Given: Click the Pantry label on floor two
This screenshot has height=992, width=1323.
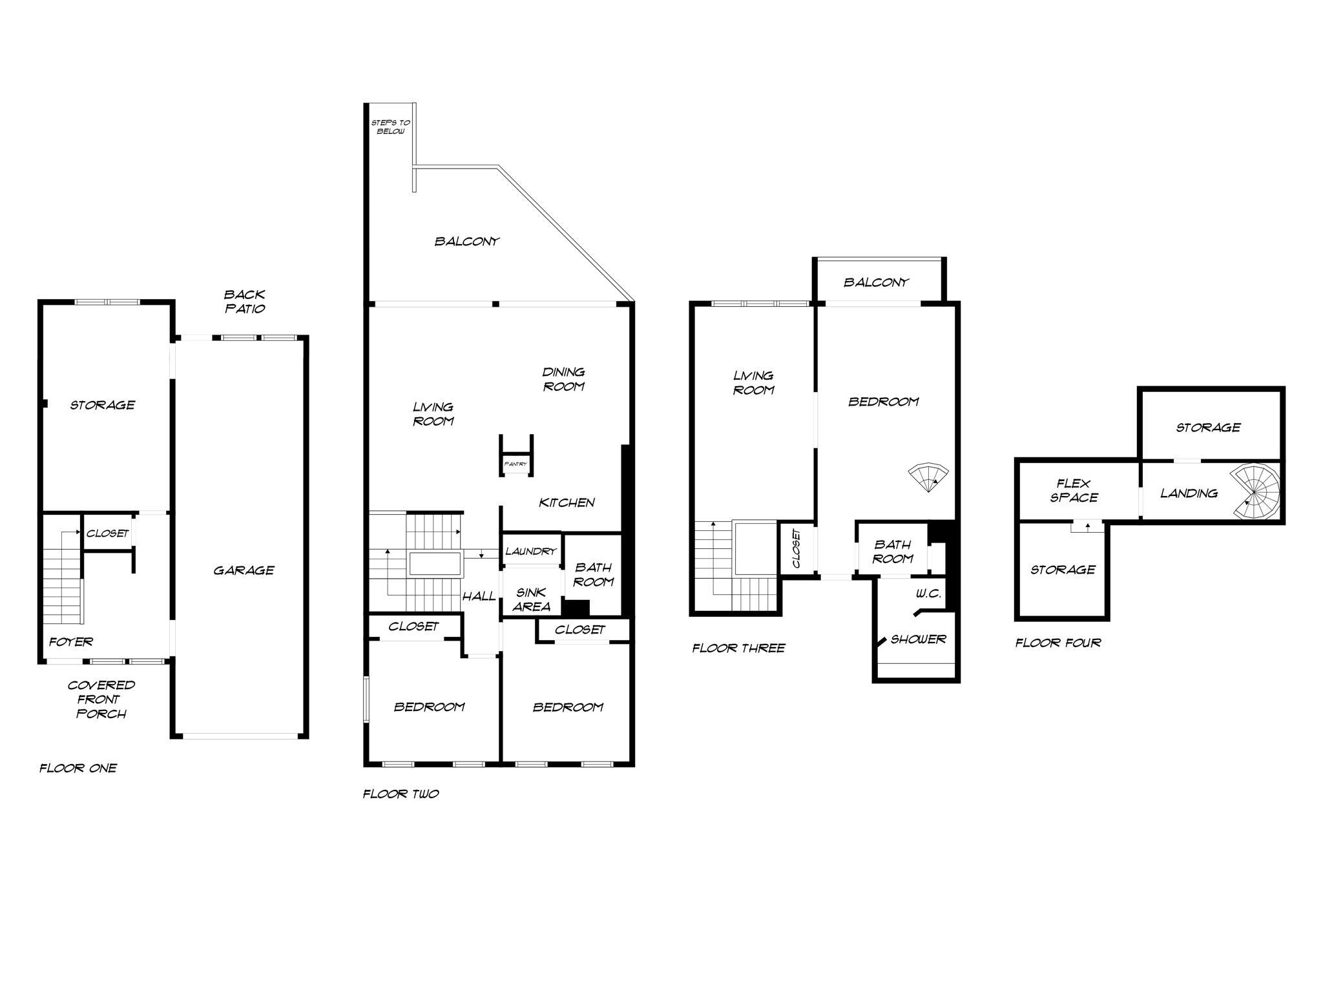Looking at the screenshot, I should (x=516, y=464).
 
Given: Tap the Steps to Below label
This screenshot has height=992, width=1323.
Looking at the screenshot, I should (x=390, y=127).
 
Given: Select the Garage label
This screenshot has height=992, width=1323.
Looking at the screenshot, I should (x=244, y=570).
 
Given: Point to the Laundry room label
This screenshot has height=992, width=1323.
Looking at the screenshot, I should (x=530, y=552).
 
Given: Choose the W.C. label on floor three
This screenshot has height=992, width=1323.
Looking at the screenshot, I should (x=928, y=594).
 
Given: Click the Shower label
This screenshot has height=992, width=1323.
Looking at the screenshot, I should (x=918, y=639).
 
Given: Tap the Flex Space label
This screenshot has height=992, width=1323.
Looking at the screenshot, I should (x=1074, y=490).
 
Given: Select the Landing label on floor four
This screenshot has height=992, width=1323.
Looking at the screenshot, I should (x=1189, y=493).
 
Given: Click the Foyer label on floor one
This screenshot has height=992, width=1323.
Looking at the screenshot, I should (x=71, y=642).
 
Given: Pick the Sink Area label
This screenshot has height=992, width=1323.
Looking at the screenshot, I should (x=531, y=599).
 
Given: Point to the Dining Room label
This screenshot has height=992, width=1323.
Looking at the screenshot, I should (x=563, y=379).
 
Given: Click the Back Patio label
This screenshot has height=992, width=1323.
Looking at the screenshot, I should (x=244, y=302).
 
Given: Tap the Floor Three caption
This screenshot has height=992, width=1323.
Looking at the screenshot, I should (x=738, y=648).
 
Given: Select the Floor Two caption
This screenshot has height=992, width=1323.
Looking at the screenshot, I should (x=401, y=794).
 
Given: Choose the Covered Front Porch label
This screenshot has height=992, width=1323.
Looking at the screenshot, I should (x=101, y=699).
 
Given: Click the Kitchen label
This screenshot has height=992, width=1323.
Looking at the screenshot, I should (x=567, y=502).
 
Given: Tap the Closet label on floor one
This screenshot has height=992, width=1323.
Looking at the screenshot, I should (x=107, y=533).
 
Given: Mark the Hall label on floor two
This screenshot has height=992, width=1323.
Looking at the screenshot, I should (x=479, y=596).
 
